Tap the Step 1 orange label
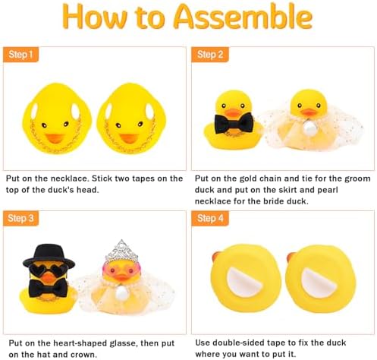click(21, 55)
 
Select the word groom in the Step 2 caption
click(353, 178)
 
